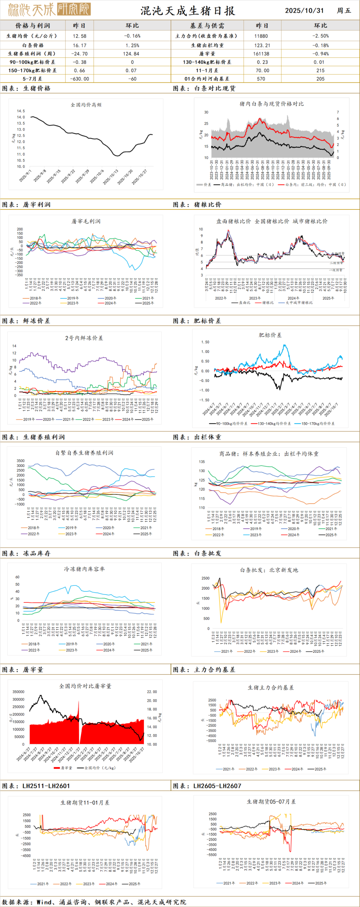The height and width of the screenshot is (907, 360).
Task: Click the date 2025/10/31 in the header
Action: (x=304, y=11)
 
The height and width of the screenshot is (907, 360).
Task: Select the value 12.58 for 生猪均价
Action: (x=80, y=36)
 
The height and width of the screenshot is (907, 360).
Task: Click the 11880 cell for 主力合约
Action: (x=261, y=36)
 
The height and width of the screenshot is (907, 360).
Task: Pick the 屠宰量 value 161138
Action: (x=261, y=54)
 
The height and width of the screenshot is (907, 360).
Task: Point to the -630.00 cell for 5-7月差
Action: (x=80, y=79)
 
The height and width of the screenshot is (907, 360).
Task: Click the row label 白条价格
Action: (x=33, y=45)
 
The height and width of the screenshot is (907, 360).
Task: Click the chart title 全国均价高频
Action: (x=86, y=104)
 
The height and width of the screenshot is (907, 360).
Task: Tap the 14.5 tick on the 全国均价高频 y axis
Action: (x=21, y=111)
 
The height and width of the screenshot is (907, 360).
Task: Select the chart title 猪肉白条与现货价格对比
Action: (x=271, y=103)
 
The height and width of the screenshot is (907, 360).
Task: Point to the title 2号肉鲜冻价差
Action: (x=84, y=338)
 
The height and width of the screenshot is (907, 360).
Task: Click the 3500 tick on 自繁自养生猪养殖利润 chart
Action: (x=20, y=461)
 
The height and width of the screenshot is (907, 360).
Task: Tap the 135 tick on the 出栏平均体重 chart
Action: (x=202, y=462)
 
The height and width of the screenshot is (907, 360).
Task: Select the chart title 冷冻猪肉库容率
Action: (x=84, y=569)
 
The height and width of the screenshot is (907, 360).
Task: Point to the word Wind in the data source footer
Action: (x=44, y=902)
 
